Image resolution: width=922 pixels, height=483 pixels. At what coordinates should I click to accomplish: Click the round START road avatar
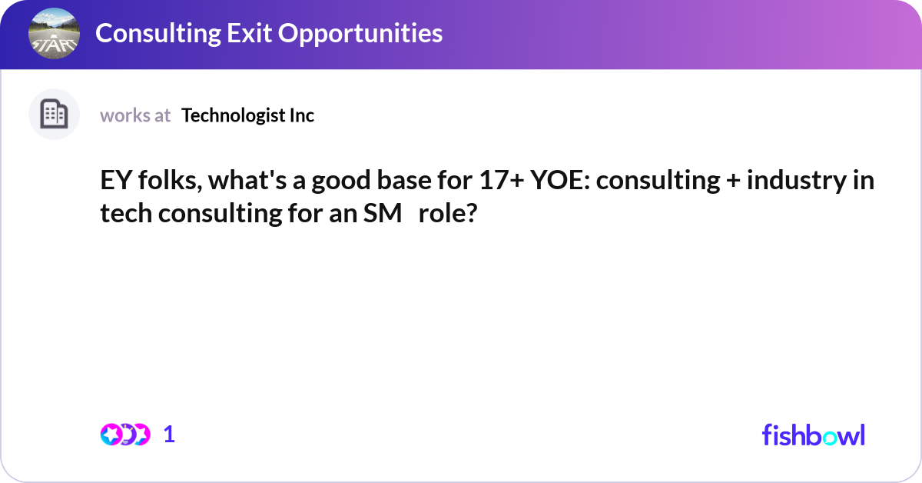(x=54, y=33)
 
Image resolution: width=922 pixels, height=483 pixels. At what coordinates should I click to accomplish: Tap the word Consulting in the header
(x=158, y=33)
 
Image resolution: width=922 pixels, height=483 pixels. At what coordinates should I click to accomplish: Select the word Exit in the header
(x=249, y=33)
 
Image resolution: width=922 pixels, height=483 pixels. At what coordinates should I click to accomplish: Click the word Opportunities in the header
(x=360, y=33)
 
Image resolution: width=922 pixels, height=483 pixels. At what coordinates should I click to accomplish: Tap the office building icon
(x=54, y=114)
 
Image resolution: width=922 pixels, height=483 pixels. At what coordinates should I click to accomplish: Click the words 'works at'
(x=135, y=115)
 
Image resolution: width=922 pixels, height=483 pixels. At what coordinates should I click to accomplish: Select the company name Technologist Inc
(x=247, y=115)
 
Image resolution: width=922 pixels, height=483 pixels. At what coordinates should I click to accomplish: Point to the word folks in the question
(x=170, y=180)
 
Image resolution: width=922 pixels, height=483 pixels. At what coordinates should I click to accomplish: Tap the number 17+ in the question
(x=502, y=180)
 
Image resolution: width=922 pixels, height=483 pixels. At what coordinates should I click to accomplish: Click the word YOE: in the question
(x=560, y=180)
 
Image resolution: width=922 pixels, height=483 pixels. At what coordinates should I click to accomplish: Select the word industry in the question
(x=797, y=181)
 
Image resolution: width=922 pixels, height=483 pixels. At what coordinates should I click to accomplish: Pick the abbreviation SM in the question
(x=383, y=214)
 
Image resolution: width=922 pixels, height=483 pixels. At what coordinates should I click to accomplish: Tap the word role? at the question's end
(x=448, y=213)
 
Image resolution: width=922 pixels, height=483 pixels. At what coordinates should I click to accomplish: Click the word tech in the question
(x=126, y=213)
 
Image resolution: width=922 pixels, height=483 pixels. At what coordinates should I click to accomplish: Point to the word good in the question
(x=341, y=182)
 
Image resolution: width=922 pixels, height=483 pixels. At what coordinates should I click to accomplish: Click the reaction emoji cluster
(x=125, y=435)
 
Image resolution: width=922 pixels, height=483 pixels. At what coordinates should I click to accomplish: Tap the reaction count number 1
(x=169, y=435)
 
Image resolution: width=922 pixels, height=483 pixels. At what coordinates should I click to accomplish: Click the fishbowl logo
(x=814, y=435)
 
